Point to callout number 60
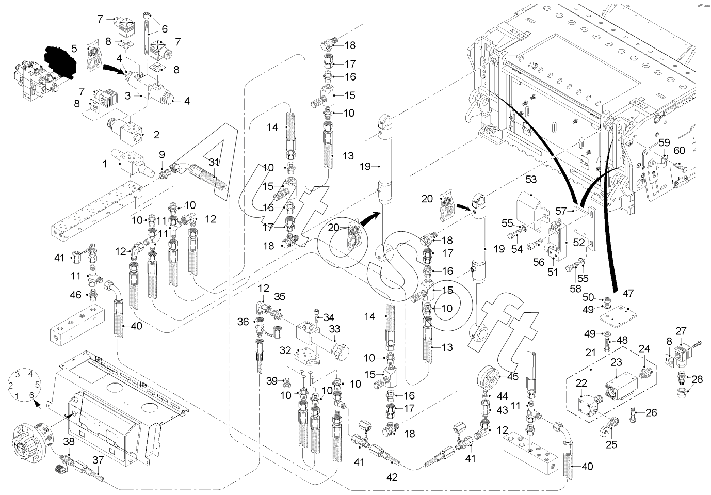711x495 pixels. [x=680, y=151]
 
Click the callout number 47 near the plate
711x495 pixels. [x=628, y=293]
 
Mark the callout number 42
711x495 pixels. [x=393, y=477]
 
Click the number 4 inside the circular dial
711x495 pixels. [x=30, y=373]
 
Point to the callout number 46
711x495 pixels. [x=76, y=295]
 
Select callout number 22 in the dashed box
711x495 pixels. [x=581, y=383]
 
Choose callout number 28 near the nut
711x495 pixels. [x=697, y=380]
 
